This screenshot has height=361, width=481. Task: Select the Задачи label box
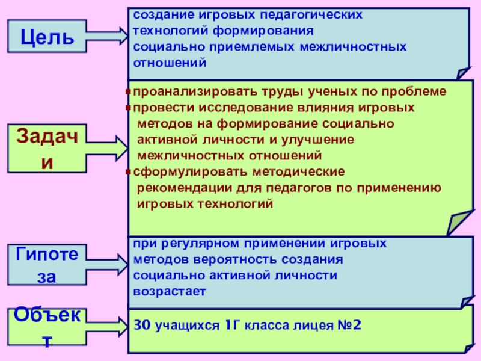pos(46,148)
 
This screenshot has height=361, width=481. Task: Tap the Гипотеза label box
pos(46,265)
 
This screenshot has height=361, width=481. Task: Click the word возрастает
pos(170,291)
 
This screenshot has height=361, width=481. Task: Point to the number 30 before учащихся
pos(141,326)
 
